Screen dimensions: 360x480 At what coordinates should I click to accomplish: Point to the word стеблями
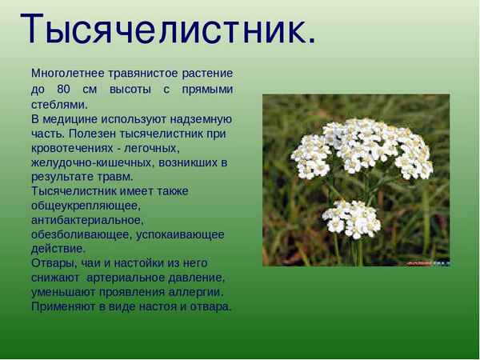(58, 104)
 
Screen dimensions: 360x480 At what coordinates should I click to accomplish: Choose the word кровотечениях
(73, 148)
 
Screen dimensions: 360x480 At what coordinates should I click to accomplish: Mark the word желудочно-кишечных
(91, 162)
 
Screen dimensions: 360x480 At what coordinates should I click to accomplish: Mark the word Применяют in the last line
(66, 306)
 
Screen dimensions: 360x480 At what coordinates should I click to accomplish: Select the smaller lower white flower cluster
(351, 216)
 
